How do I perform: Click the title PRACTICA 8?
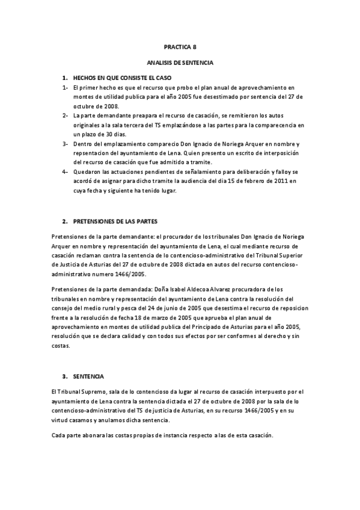[180, 46]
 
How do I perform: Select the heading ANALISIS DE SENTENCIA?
[180, 62]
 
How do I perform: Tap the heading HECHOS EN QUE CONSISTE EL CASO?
[122, 79]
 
